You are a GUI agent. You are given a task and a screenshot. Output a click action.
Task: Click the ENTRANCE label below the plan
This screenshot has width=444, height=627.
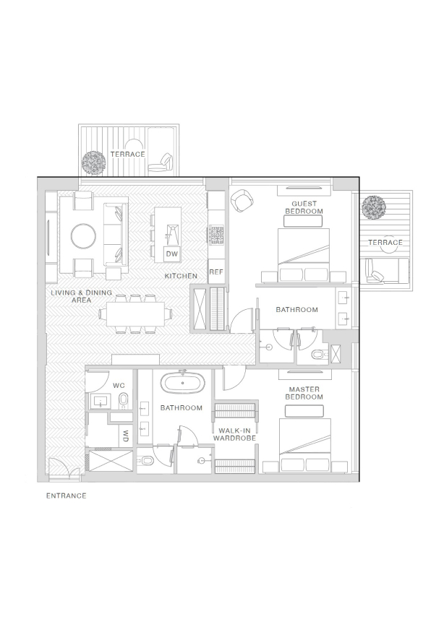[x=66, y=496]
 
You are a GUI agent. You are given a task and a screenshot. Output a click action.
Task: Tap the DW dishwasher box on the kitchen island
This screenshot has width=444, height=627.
[x=172, y=254]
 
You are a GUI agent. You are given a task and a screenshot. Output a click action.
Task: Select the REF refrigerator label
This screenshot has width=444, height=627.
[x=216, y=272]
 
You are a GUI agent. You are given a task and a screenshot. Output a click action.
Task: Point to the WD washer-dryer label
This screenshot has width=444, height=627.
[x=126, y=436]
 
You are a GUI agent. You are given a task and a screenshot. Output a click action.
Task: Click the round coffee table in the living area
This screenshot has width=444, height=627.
[x=84, y=236]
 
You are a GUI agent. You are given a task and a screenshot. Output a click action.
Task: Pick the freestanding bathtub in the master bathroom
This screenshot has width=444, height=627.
[x=182, y=383]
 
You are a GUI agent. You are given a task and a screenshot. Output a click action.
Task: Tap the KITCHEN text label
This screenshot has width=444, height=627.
[x=181, y=276]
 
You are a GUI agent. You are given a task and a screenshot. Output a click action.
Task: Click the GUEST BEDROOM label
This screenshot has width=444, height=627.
[x=304, y=207]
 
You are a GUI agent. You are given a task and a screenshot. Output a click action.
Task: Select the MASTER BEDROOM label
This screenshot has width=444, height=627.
[x=304, y=393]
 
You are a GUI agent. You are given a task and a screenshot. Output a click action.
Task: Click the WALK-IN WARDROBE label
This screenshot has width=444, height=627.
[x=234, y=435]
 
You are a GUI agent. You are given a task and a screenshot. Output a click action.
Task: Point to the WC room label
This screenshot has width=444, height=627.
[x=119, y=386]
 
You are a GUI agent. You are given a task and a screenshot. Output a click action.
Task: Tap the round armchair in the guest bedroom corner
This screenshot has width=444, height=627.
[x=242, y=200]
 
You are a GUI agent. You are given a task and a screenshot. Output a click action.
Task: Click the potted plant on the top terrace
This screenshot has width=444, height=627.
[x=94, y=163]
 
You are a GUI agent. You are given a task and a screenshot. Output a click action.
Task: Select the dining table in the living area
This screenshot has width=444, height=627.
[x=136, y=314]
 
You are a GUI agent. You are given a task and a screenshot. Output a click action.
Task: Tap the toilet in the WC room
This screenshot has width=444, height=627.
[x=124, y=400]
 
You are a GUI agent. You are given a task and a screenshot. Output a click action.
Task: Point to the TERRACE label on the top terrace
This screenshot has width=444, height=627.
[x=128, y=155]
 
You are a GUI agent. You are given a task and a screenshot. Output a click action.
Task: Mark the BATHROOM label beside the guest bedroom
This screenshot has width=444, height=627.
[x=296, y=309]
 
